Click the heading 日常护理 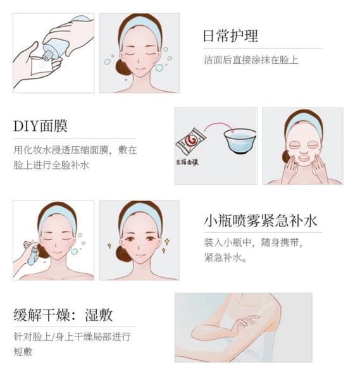[230, 36]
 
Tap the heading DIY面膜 [40, 126]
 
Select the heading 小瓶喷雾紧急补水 [260, 220]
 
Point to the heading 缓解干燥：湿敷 [63, 315]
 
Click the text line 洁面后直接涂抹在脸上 [251, 60]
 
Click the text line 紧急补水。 [225, 257]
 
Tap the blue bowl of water [240, 141]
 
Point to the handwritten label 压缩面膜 [187, 162]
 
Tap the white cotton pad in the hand [42, 66]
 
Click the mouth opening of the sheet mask [304, 158]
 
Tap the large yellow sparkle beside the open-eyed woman [167, 242]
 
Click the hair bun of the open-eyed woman [123, 254]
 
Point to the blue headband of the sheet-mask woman [304, 123]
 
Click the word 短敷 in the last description [23, 352]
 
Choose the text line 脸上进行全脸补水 [51, 165]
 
